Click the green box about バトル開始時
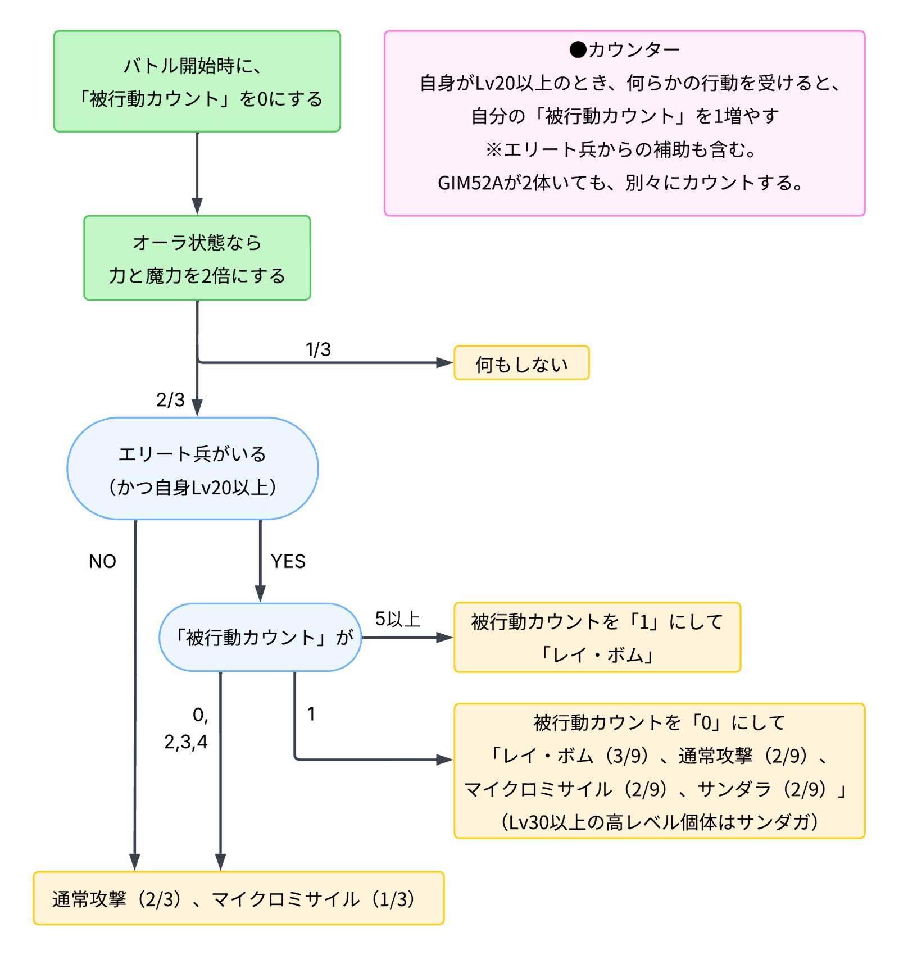click(x=197, y=81)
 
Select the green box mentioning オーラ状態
click(x=197, y=258)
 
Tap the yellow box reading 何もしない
click(x=521, y=363)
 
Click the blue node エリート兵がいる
click(x=192, y=468)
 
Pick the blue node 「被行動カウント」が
click(x=260, y=638)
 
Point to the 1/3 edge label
click(x=318, y=349)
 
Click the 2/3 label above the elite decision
click(x=170, y=400)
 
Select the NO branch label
click(x=102, y=561)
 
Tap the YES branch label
click(x=288, y=561)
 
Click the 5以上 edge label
click(x=398, y=619)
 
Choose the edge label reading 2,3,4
click(x=186, y=742)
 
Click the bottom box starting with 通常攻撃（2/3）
click(x=238, y=899)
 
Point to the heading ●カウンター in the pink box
click(x=624, y=50)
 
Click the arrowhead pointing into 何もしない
click(x=446, y=363)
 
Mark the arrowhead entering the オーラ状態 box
click(x=197, y=207)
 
